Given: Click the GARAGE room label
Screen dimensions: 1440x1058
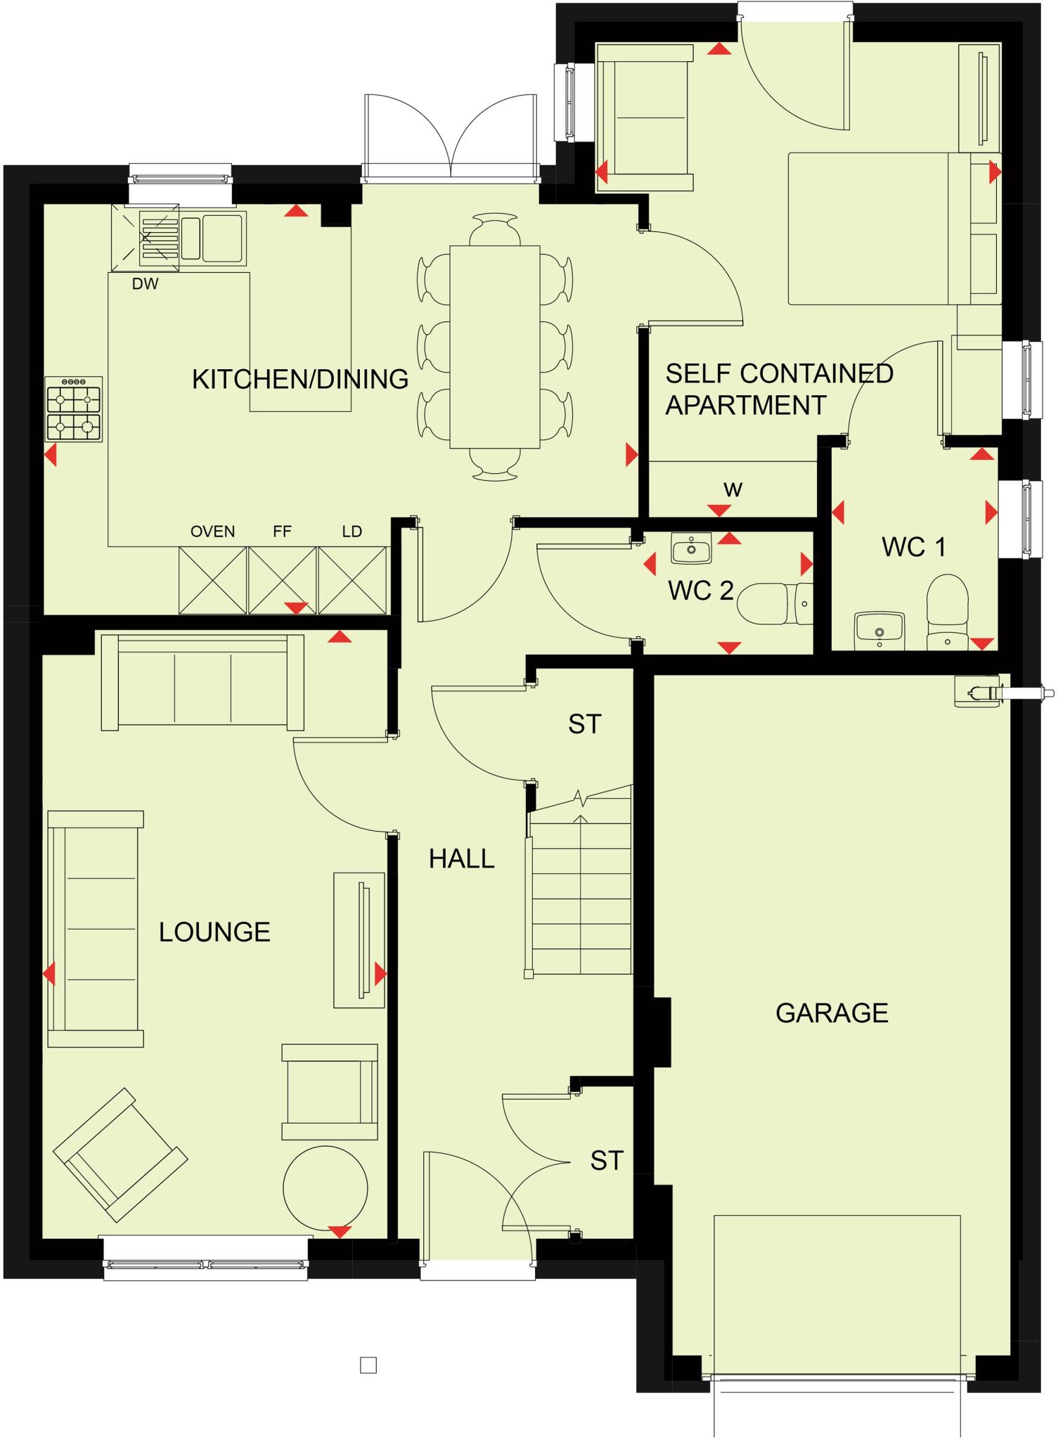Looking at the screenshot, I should (832, 1013).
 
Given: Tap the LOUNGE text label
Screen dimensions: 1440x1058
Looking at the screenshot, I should (214, 932).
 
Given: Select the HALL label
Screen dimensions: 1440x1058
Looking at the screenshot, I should (461, 859).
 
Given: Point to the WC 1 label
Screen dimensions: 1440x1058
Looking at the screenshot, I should (914, 547).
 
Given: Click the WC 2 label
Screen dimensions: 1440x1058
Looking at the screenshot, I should (701, 591).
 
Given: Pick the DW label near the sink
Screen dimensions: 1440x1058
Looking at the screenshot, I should (145, 284).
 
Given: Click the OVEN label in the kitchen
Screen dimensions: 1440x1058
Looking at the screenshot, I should (212, 532).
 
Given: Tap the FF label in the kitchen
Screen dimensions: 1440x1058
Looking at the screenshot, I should (282, 532).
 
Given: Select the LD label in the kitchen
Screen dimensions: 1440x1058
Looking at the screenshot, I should (351, 532).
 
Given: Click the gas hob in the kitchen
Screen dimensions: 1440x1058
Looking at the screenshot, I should (74, 409).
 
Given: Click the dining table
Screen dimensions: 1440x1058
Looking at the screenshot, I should (494, 346).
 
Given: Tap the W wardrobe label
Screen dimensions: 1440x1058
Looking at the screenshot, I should (733, 490).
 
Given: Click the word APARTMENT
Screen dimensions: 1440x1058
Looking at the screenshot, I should (746, 406).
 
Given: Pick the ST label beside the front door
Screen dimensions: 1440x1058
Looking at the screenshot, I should (606, 1161).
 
